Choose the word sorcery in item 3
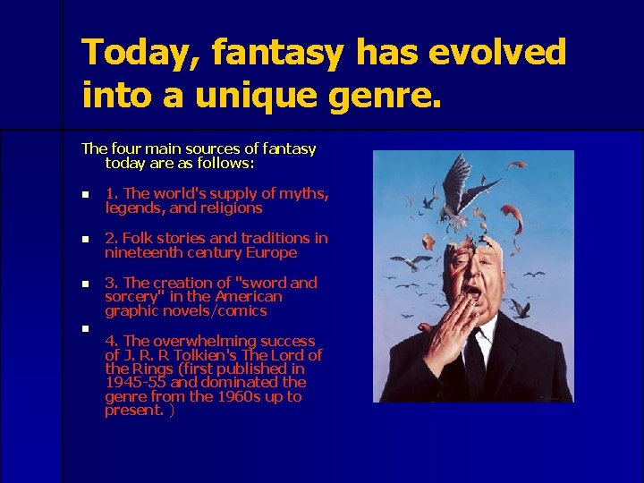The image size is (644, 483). pyautogui.click(x=132, y=296)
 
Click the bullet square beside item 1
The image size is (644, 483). pyautogui.click(x=85, y=194)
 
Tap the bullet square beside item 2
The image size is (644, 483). pyautogui.click(x=85, y=239)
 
